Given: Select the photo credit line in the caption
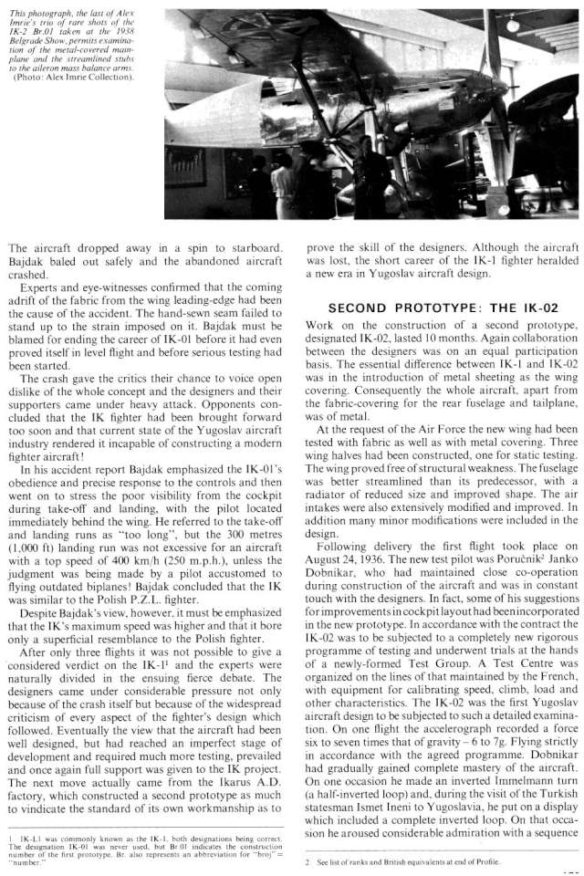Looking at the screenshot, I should click(x=73, y=76).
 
